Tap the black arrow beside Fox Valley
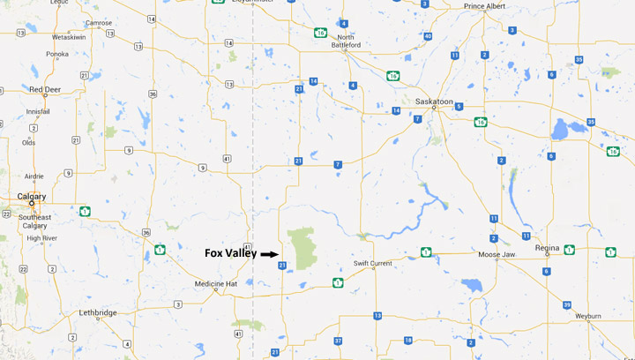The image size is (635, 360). (x=269, y=254)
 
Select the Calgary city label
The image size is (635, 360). (x=32, y=196)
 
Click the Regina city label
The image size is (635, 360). (x=548, y=248)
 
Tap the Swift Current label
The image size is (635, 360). (x=372, y=264)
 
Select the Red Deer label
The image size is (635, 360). (x=44, y=89)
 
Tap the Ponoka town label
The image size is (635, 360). (x=56, y=54)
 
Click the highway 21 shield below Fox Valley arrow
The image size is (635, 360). (x=282, y=265)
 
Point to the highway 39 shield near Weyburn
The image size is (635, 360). (x=566, y=304)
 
